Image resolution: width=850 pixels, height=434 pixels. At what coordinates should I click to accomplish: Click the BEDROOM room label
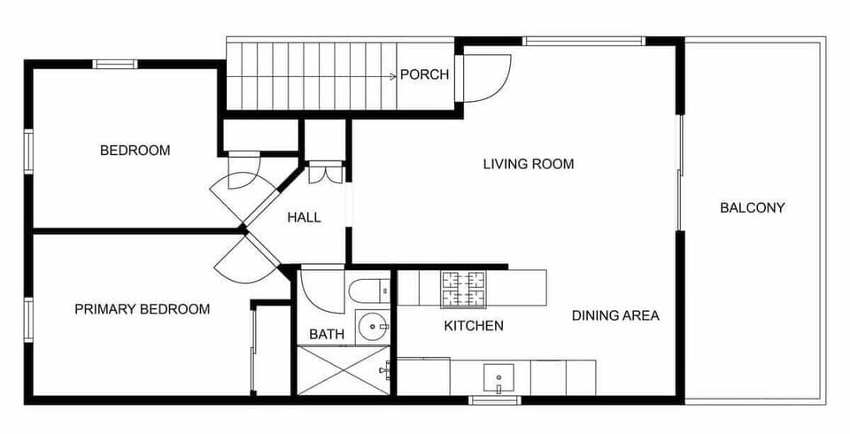(x=135, y=151)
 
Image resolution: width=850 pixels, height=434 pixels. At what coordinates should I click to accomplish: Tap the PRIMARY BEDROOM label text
(x=142, y=309)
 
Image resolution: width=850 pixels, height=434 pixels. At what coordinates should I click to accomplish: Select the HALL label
(x=304, y=217)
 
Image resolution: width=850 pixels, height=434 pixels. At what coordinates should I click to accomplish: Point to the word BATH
(x=326, y=335)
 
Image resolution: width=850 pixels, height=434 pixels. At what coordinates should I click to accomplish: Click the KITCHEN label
(x=473, y=326)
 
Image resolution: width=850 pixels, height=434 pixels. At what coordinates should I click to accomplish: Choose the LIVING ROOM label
(x=528, y=164)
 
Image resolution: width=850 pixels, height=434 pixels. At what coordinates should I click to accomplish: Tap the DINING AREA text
(x=614, y=315)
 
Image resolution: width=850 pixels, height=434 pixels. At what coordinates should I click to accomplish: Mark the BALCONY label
(x=752, y=208)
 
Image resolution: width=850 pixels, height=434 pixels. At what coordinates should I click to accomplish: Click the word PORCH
(x=424, y=74)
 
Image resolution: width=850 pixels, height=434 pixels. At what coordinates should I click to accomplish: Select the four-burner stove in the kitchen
(x=464, y=287)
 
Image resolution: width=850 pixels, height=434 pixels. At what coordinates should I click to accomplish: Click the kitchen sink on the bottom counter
(x=498, y=376)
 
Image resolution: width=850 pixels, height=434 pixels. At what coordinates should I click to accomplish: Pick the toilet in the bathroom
(x=370, y=289)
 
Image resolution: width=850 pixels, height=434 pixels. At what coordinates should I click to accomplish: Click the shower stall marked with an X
(x=343, y=370)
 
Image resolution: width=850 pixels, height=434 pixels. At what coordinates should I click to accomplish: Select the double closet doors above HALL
(x=324, y=174)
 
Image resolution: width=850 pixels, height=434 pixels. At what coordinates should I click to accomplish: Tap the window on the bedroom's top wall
(x=116, y=63)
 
